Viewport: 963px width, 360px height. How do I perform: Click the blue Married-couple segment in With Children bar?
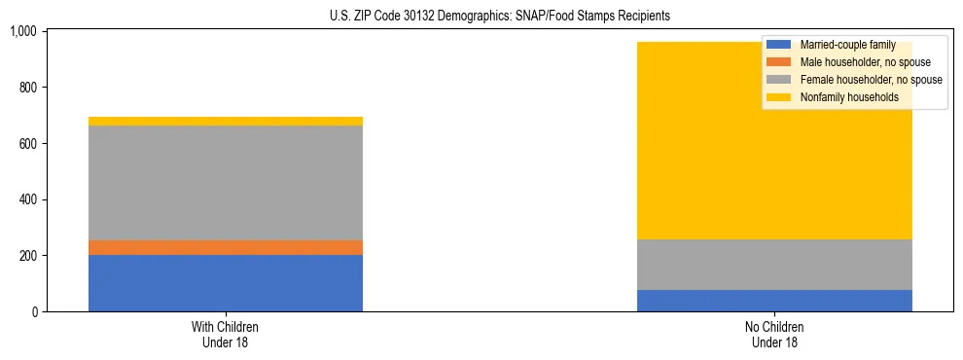pos(226,283)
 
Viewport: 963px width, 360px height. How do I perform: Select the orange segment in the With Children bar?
pos(226,247)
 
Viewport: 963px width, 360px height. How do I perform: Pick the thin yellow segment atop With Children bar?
pos(226,122)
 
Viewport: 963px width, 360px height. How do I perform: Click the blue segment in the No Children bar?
pos(774,301)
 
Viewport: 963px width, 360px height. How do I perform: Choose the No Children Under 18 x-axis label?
pos(774,335)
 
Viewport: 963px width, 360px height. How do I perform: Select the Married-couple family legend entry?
pos(847,45)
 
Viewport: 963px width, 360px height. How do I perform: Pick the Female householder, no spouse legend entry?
pos(871,80)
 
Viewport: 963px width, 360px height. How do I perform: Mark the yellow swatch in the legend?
pos(780,97)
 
